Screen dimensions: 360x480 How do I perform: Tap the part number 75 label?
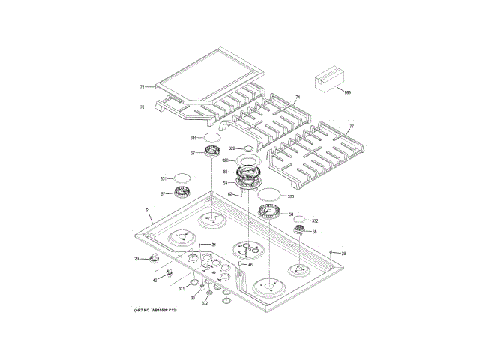[x=142, y=87]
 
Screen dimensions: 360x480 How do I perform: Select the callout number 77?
[x=351, y=127]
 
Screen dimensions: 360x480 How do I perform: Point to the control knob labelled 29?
[x=155, y=259]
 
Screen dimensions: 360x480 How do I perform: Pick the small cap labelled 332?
[x=300, y=220]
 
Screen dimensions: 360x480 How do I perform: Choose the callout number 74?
[x=297, y=98]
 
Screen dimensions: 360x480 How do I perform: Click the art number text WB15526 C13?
[x=154, y=310]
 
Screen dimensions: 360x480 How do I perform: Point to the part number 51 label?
[x=148, y=210]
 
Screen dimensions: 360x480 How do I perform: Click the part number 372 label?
[x=205, y=303]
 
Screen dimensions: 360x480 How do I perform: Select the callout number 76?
[x=142, y=107]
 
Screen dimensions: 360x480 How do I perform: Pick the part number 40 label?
[x=154, y=280]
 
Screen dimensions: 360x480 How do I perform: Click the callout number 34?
[x=213, y=244]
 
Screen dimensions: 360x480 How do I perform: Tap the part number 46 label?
[x=250, y=264]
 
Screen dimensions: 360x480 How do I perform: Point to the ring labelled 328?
[x=247, y=161]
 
